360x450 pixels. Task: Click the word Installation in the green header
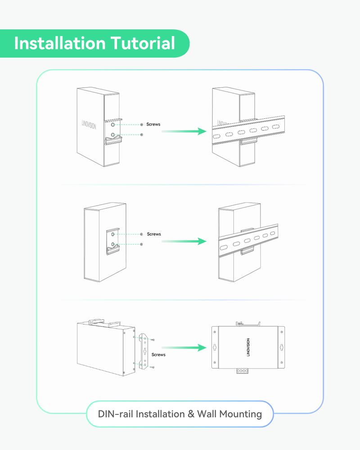pos(59,44)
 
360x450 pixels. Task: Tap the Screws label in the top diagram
pos(153,124)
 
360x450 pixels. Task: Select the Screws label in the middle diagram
pos(154,234)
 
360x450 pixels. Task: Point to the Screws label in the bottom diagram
pos(158,355)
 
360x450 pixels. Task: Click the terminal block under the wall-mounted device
pos(242,371)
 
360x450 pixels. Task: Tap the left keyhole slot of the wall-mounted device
pos(215,347)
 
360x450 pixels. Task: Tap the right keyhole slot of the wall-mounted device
pos(281,347)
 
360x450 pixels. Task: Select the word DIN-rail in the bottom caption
pos(116,414)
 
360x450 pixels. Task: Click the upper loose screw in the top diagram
pos(142,124)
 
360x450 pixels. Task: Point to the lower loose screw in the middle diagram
pos(142,244)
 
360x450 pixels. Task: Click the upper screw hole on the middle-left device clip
pos(113,234)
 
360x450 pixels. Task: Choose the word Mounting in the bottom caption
pos(240,414)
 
